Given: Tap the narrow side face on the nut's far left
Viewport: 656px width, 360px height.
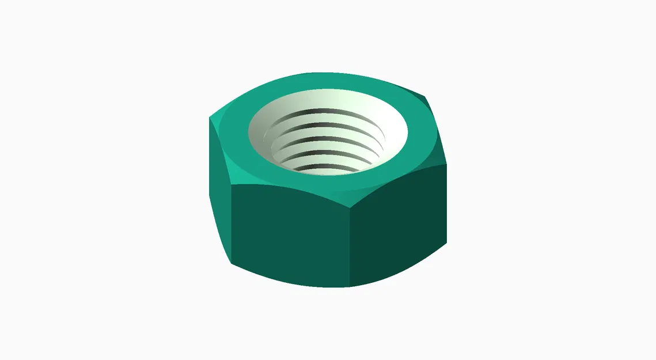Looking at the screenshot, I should pyautogui.click(x=219, y=190).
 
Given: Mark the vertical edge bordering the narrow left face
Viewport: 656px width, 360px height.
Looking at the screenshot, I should pyautogui.click(x=231, y=225).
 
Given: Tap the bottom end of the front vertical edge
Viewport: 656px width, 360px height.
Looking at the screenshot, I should pyautogui.click(x=350, y=286).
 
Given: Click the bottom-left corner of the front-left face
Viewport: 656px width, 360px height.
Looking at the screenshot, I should pyautogui.click(x=232, y=263).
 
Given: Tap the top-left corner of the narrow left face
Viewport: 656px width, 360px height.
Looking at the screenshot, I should pyautogui.click(x=209, y=118).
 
